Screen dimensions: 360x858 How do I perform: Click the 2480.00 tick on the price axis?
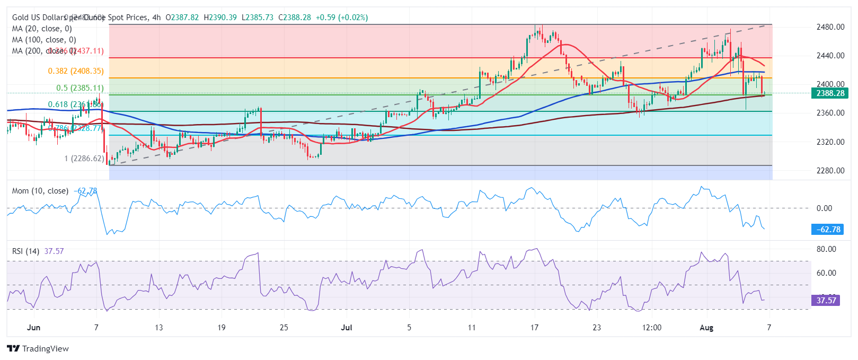click(x=830, y=27)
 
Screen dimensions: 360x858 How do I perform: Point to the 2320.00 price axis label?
click(x=830, y=142)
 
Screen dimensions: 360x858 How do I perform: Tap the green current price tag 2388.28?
click(x=830, y=93)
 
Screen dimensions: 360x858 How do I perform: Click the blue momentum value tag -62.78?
click(x=827, y=230)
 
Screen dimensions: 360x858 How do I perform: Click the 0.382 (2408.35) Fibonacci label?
click(x=76, y=71)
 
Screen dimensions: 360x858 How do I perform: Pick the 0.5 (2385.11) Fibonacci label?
click(x=80, y=88)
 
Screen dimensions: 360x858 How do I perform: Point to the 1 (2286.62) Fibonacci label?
click(x=84, y=159)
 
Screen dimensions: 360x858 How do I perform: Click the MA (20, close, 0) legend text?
click(x=42, y=29)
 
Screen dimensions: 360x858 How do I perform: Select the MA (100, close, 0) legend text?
click(x=44, y=40)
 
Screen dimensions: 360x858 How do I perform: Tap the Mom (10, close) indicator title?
click(x=40, y=191)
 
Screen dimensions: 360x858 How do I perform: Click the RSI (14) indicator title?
click(x=25, y=251)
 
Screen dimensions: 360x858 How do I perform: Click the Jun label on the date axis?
click(x=33, y=328)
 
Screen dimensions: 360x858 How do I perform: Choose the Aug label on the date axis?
click(x=706, y=328)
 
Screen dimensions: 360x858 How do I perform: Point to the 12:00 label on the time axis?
click(x=652, y=328)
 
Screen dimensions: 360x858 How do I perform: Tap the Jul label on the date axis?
click(x=347, y=328)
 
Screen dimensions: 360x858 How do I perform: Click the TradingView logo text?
click(x=38, y=348)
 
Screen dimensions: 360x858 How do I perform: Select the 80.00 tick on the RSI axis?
click(x=826, y=249)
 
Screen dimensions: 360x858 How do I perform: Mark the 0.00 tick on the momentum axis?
click(x=824, y=208)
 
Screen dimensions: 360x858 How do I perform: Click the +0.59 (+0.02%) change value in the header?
click(x=341, y=17)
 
